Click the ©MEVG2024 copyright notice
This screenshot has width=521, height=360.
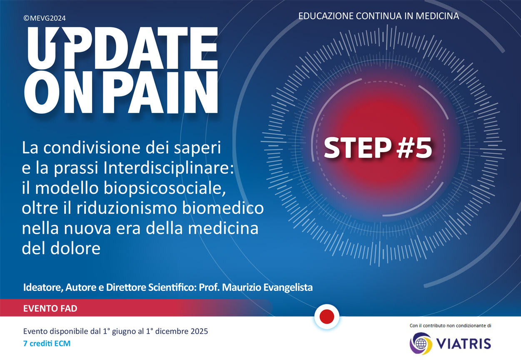pos(45,18)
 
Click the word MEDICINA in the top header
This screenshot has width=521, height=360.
pos(437,16)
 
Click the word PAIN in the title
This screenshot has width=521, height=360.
pos(160,92)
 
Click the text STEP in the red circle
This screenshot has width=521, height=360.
pos(357,148)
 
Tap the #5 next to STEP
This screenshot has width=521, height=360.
pos(414,148)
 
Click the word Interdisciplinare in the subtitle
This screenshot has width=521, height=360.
pos(168,168)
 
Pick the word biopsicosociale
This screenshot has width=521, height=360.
pos(165,188)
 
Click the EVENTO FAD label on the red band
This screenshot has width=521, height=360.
pos(50,308)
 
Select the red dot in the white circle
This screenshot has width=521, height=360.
pos(327,317)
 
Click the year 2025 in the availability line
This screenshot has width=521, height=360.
pos(199,331)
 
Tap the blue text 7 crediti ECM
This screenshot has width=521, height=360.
pos(47,343)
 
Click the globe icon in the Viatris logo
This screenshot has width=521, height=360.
pos(421,344)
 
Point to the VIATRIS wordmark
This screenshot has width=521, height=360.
pos(463,344)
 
